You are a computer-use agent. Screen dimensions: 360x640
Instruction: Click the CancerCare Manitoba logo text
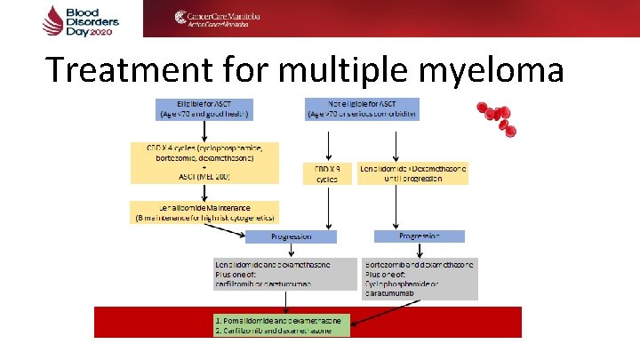click(x=218, y=19)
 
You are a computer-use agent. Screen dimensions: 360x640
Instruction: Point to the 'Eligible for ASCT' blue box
click(x=204, y=108)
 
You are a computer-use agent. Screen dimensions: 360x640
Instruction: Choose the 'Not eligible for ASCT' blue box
click(x=361, y=108)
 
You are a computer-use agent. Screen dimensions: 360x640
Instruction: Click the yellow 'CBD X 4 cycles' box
click(x=204, y=163)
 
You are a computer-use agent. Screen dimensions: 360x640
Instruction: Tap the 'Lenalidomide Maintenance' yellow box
click(x=204, y=211)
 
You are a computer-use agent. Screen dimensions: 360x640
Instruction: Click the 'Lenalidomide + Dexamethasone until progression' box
click(x=412, y=172)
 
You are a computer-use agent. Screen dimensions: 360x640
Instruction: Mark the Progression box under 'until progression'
click(x=420, y=236)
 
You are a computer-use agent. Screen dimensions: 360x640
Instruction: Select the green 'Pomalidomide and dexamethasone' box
click(x=282, y=324)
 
